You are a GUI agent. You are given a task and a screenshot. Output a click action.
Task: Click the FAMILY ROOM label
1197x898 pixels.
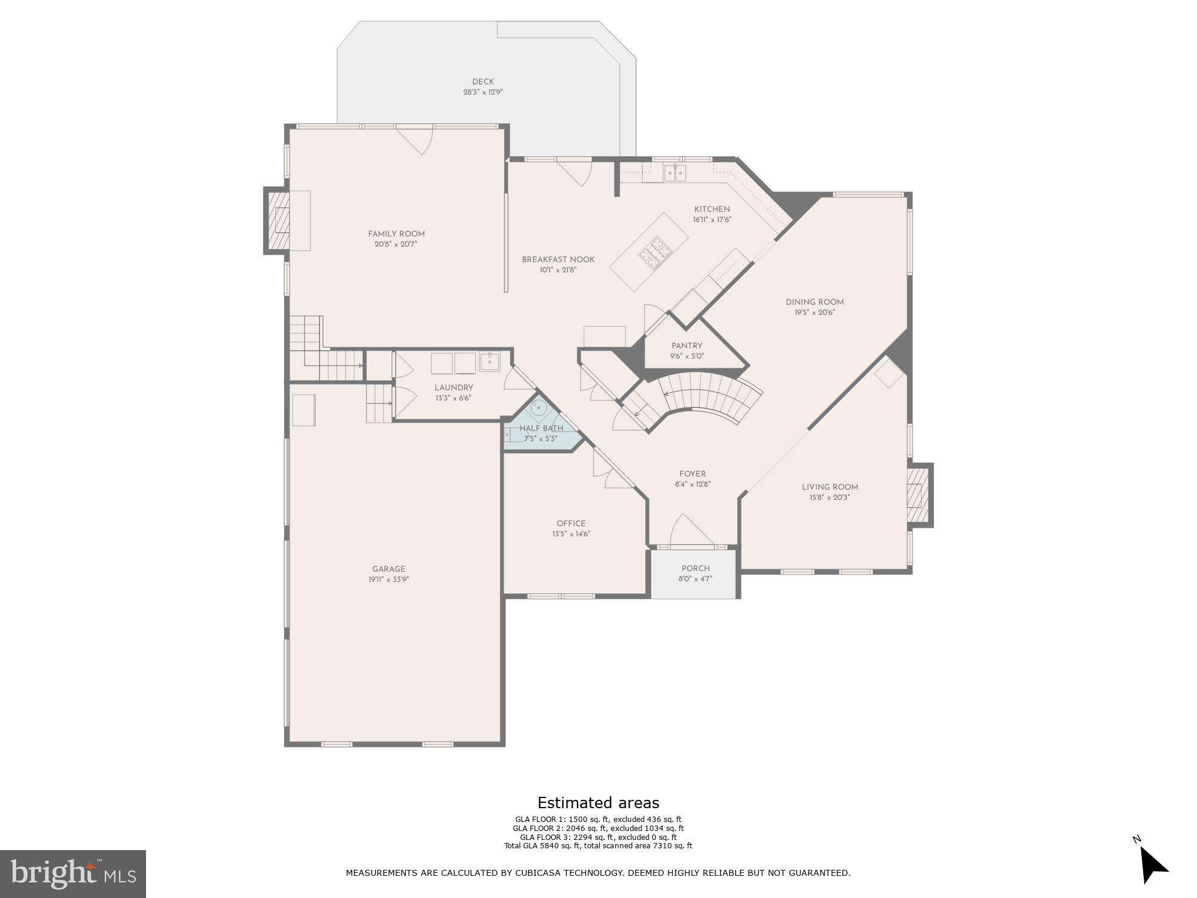(x=396, y=234)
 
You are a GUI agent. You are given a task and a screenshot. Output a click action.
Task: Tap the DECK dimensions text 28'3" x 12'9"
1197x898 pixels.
(x=483, y=92)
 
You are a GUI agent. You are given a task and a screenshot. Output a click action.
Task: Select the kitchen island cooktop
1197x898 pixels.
(x=654, y=251)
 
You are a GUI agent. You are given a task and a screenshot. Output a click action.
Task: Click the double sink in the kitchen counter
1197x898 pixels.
(x=675, y=174)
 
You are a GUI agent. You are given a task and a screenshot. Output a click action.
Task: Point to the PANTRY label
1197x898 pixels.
(x=686, y=346)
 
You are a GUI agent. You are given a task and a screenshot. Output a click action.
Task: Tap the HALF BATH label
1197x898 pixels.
(x=541, y=429)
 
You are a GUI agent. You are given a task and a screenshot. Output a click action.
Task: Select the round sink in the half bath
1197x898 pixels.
(x=540, y=408)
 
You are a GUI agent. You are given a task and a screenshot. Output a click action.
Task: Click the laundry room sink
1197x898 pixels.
(x=490, y=361)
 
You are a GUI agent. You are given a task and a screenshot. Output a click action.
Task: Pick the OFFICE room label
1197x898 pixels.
(x=571, y=524)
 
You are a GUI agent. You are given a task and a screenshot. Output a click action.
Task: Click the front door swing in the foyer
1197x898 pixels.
(x=688, y=530)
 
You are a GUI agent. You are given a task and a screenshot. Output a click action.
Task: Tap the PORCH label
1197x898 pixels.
(x=695, y=569)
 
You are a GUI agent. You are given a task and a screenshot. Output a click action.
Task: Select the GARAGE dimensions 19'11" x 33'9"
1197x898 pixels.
(x=389, y=580)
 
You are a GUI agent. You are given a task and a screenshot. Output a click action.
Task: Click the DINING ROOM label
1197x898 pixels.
(x=815, y=302)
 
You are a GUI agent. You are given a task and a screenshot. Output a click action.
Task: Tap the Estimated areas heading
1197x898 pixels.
(x=598, y=803)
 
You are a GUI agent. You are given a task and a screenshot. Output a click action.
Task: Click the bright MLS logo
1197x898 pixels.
(x=73, y=874)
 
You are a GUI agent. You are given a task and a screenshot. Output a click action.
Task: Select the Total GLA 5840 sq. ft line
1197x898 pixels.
(x=598, y=846)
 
